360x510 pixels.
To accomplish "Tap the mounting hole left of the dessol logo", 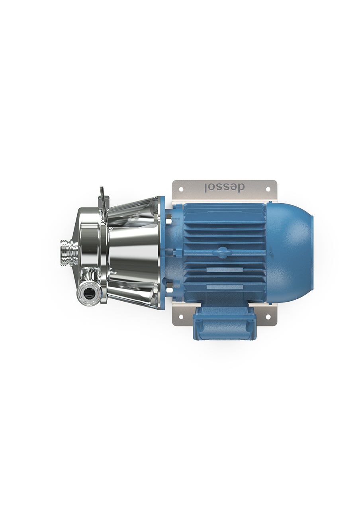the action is [181, 189].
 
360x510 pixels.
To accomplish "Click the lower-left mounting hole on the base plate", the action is [181, 317].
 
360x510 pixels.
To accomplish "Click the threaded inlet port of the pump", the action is [68, 253].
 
